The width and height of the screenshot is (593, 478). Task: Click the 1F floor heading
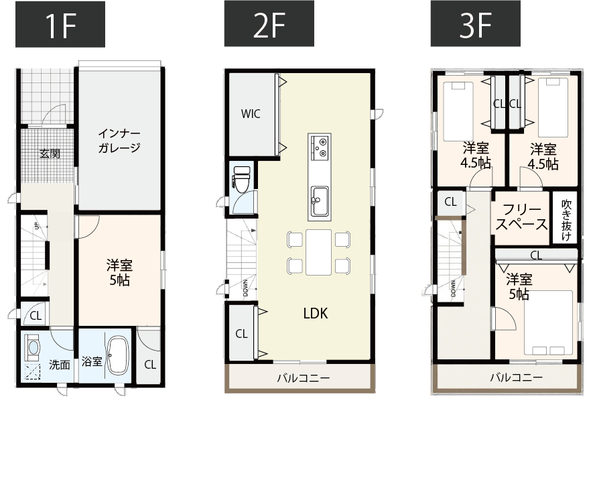tap(60, 24)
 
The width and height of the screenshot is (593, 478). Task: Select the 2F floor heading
tap(269, 24)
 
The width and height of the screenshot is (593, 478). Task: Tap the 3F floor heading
tap(475, 24)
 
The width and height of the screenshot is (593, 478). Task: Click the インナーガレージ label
tap(119, 140)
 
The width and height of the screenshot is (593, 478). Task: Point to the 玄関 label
tap(50, 154)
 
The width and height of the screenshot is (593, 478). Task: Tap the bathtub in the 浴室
tap(118, 356)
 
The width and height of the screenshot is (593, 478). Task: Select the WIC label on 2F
tap(251, 114)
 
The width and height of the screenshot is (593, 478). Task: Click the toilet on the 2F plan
tap(242, 178)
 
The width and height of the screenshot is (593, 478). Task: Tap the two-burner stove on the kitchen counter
tap(320, 147)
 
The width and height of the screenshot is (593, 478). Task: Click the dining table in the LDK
tap(318, 252)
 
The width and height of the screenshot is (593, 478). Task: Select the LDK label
tap(316, 313)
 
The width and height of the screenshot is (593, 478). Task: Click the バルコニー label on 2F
tap(304, 377)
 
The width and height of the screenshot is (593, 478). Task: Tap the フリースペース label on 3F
tap(521, 217)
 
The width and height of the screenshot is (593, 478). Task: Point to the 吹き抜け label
tap(566, 221)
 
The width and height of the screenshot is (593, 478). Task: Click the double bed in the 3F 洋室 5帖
tap(548, 323)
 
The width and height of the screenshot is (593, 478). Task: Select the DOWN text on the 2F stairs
tap(245, 288)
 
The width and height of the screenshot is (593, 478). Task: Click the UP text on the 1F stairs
tap(37, 227)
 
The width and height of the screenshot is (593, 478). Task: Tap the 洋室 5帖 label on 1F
tap(119, 272)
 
